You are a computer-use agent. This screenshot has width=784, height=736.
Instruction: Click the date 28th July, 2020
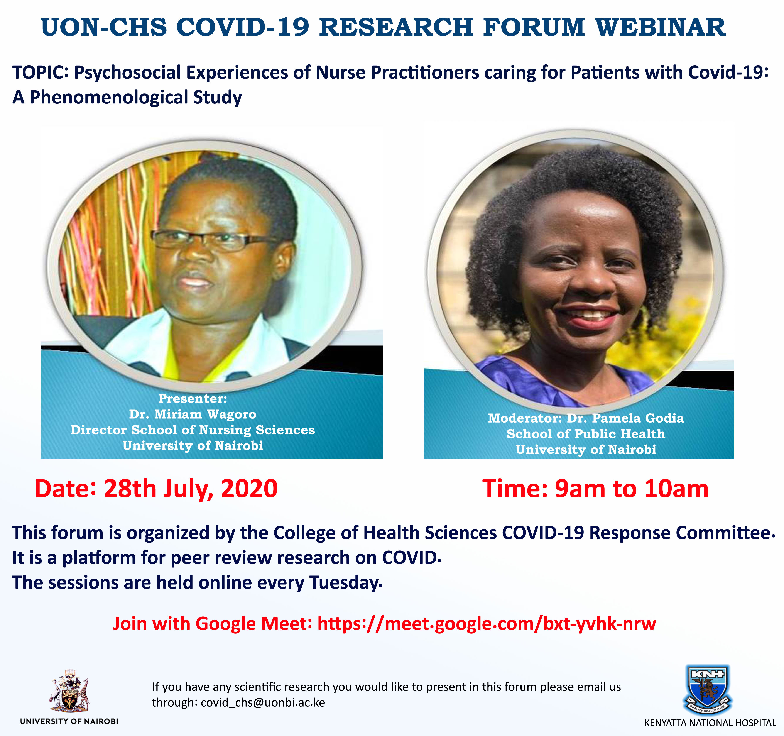[x=191, y=489]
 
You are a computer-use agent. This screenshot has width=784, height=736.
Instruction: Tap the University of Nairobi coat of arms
[x=69, y=691]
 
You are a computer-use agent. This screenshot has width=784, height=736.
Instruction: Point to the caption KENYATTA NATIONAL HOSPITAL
[x=710, y=723]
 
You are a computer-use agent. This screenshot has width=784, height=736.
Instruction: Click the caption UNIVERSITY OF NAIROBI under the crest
[x=69, y=721]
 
